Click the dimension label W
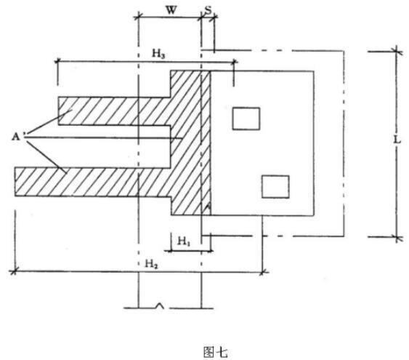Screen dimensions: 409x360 [x=171, y=10]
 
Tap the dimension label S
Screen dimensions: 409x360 [x=208, y=10]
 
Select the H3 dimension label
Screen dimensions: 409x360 [x=158, y=54]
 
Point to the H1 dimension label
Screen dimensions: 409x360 [x=184, y=241]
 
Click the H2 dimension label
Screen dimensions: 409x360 [x=151, y=264]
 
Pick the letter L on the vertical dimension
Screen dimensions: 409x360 [x=397, y=140]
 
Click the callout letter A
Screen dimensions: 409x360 [x=16, y=137]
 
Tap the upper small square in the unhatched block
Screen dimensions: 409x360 [x=246, y=119]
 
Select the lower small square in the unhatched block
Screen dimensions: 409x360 [x=275, y=187]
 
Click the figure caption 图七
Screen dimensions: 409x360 [x=216, y=352]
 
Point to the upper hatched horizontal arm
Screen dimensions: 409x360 [x=115, y=111]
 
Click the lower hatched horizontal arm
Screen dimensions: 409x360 [x=93, y=182]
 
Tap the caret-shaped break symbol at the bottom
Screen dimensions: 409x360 [x=160, y=305]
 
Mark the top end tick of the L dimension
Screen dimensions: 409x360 [x=397, y=51]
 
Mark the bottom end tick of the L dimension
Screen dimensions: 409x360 [x=397, y=237]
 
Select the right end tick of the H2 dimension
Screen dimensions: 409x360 [x=263, y=272]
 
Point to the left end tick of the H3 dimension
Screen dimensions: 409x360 [x=57, y=62]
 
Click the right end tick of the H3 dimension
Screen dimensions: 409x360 [x=234, y=62]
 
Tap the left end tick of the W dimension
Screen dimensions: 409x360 [x=138, y=17]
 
